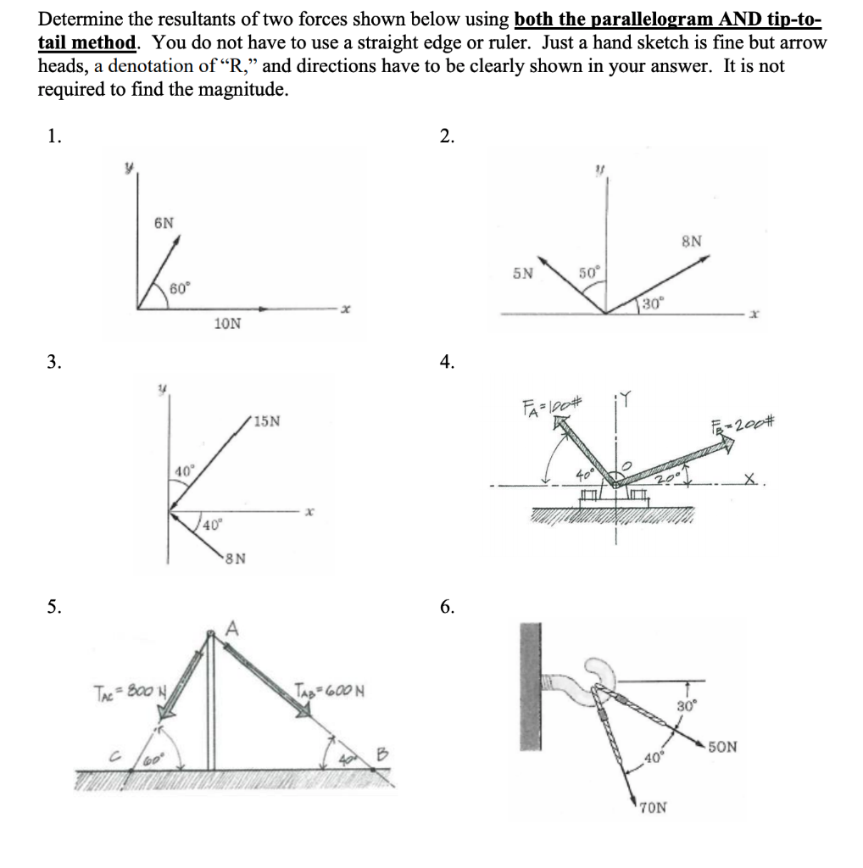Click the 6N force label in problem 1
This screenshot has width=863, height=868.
[x=164, y=223]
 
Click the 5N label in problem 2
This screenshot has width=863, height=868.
[x=523, y=273]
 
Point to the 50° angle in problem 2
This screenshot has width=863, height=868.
[x=588, y=272]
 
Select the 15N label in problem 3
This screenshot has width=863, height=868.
[x=273, y=420]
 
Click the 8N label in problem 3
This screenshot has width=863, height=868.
[x=236, y=558]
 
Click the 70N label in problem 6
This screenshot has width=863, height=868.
[x=652, y=808]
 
